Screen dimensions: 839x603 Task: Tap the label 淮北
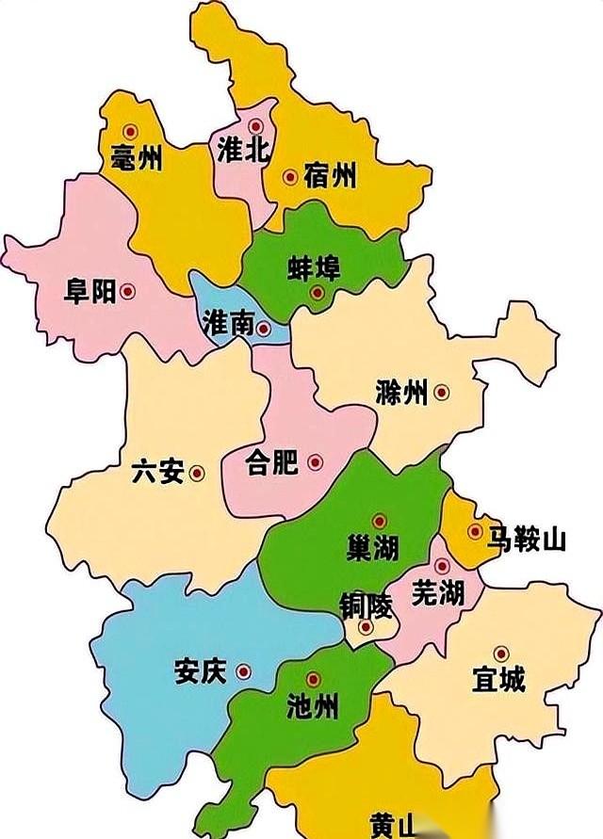click(243, 150)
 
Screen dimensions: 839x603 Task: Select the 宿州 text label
click(331, 175)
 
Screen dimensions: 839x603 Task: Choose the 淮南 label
click(228, 325)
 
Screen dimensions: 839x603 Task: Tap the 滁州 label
click(400, 393)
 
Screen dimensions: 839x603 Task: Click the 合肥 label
click(271, 462)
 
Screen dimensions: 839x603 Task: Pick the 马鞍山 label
click(526, 540)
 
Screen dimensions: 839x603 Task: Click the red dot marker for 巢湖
click(379, 521)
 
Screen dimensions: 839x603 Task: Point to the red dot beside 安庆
click(244, 672)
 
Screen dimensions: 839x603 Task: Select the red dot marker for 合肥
click(315, 462)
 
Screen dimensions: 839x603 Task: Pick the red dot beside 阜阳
click(129, 293)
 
